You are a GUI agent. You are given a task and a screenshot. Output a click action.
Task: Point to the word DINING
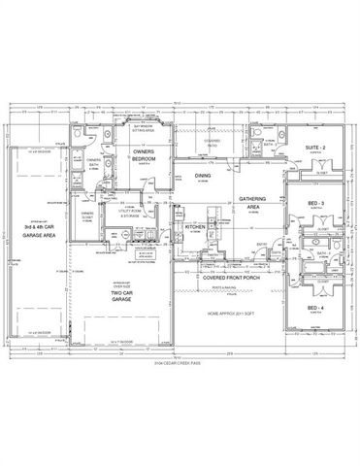203,176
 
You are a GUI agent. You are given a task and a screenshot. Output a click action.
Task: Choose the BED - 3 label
315,203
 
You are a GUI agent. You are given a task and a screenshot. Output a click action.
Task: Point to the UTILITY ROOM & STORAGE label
132,209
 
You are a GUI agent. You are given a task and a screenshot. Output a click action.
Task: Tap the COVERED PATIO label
213,144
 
